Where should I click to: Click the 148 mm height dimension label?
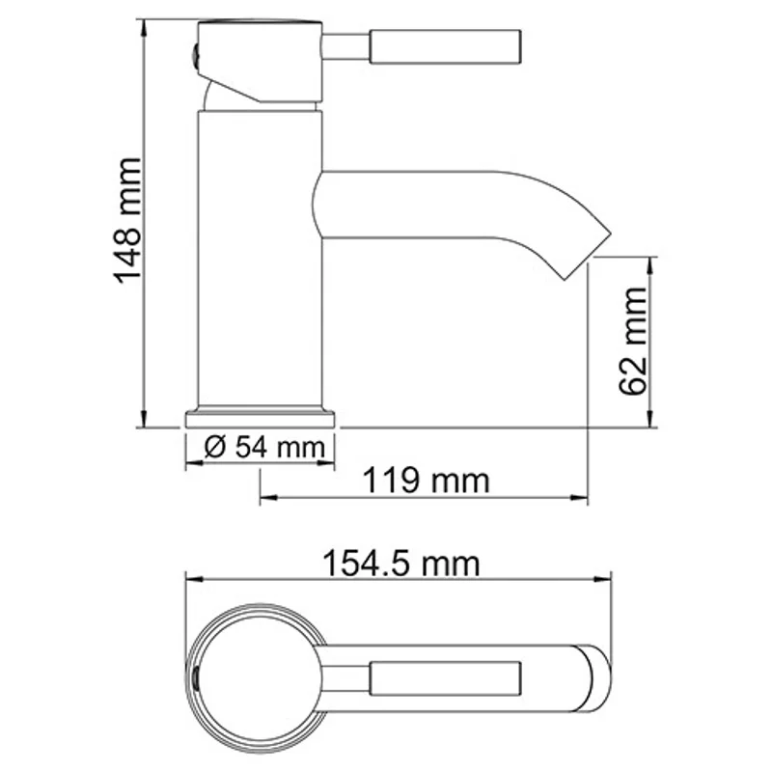(x=127, y=220)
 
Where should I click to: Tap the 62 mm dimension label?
(x=633, y=341)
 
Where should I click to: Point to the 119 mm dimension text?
(x=426, y=479)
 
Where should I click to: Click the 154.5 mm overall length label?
(x=399, y=562)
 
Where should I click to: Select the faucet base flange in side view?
(x=260, y=419)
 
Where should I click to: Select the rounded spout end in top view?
(x=593, y=677)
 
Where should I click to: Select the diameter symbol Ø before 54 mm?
(x=215, y=448)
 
